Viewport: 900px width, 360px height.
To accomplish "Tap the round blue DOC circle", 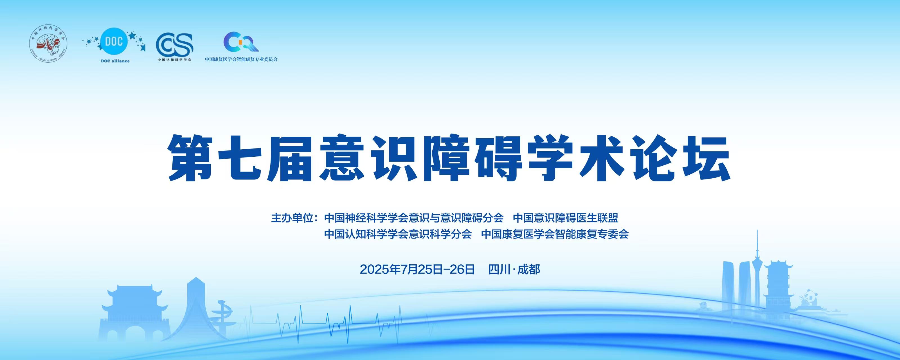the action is [x=114, y=42].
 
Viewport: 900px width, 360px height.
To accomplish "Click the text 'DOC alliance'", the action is [x=115, y=61].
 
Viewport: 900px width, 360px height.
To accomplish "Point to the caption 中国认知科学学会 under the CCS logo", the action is [x=174, y=60].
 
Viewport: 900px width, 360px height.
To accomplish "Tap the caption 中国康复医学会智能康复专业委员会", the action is [x=241, y=59].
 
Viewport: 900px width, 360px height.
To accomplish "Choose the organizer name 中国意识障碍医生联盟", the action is [x=565, y=218].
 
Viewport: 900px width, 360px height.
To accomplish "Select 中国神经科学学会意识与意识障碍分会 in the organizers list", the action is [x=414, y=218].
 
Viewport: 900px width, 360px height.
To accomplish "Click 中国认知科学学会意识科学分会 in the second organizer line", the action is [x=398, y=234].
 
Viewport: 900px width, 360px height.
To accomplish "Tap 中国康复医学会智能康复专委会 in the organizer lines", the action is [x=555, y=234].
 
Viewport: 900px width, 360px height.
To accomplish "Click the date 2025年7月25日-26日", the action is [x=417, y=269].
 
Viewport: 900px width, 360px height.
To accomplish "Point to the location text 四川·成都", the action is [x=514, y=269].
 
